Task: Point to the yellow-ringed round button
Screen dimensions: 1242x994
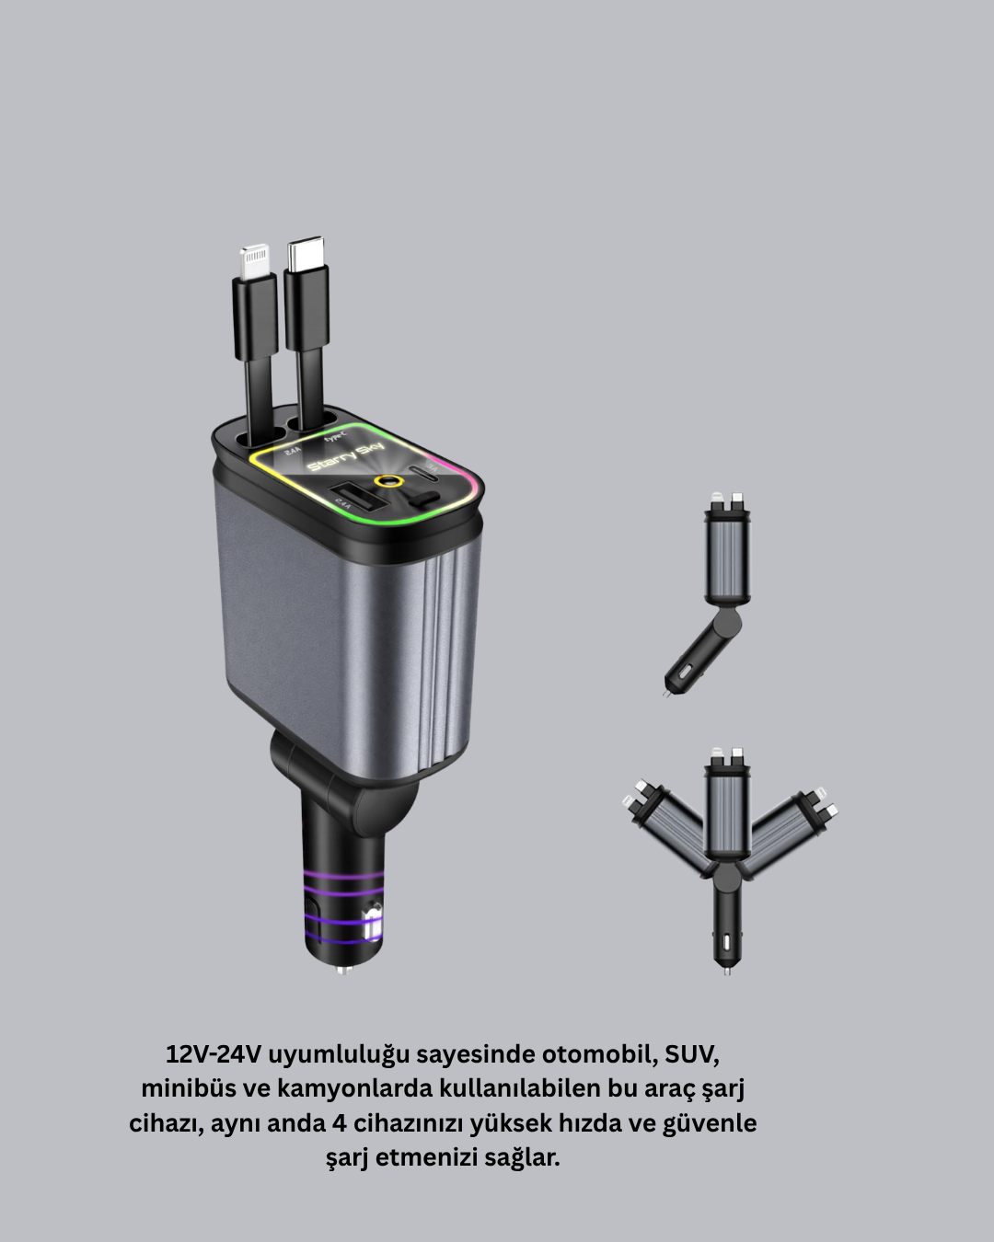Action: click(387, 481)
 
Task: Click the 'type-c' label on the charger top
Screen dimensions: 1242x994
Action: click(332, 435)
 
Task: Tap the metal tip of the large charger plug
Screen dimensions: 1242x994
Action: click(341, 969)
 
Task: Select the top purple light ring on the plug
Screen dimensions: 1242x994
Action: click(342, 875)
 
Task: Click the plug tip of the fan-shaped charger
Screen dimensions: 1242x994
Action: click(727, 967)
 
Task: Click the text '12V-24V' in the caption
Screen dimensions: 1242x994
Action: click(214, 1054)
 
